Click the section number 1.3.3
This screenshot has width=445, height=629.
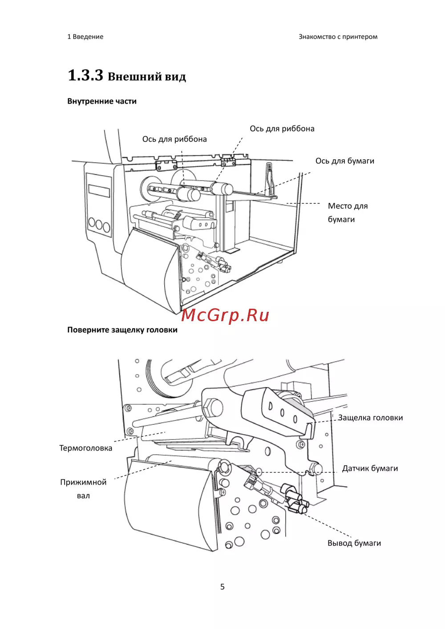tap(85, 75)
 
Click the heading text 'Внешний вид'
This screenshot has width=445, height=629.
tap(147, 77)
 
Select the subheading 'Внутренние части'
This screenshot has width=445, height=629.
tap(102, 101)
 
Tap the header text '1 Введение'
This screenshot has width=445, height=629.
tap(85, 37)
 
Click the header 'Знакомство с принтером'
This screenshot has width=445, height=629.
tap(338, 37)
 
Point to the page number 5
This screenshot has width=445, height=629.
tap(222, 587)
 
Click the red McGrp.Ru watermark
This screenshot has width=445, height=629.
tap(225, 315)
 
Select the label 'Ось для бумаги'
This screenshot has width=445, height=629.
tap(345, 161)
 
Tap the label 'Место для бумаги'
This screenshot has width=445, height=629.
tap(348, 212)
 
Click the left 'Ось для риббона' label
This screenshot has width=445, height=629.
tap(174, 139)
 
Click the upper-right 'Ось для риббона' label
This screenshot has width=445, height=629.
tap(282, 129)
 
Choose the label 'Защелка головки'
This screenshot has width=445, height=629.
tap(370, 418)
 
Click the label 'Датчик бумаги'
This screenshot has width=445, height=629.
tap(370, 468)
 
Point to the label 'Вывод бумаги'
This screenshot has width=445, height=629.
tap(354, 543)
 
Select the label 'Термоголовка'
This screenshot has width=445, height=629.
tap(85, 448)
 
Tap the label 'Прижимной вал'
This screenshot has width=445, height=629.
tap(83, 488)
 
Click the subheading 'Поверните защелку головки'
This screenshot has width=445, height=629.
tap(122, 330)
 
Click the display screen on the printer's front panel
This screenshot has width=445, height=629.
tap(99, 190)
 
